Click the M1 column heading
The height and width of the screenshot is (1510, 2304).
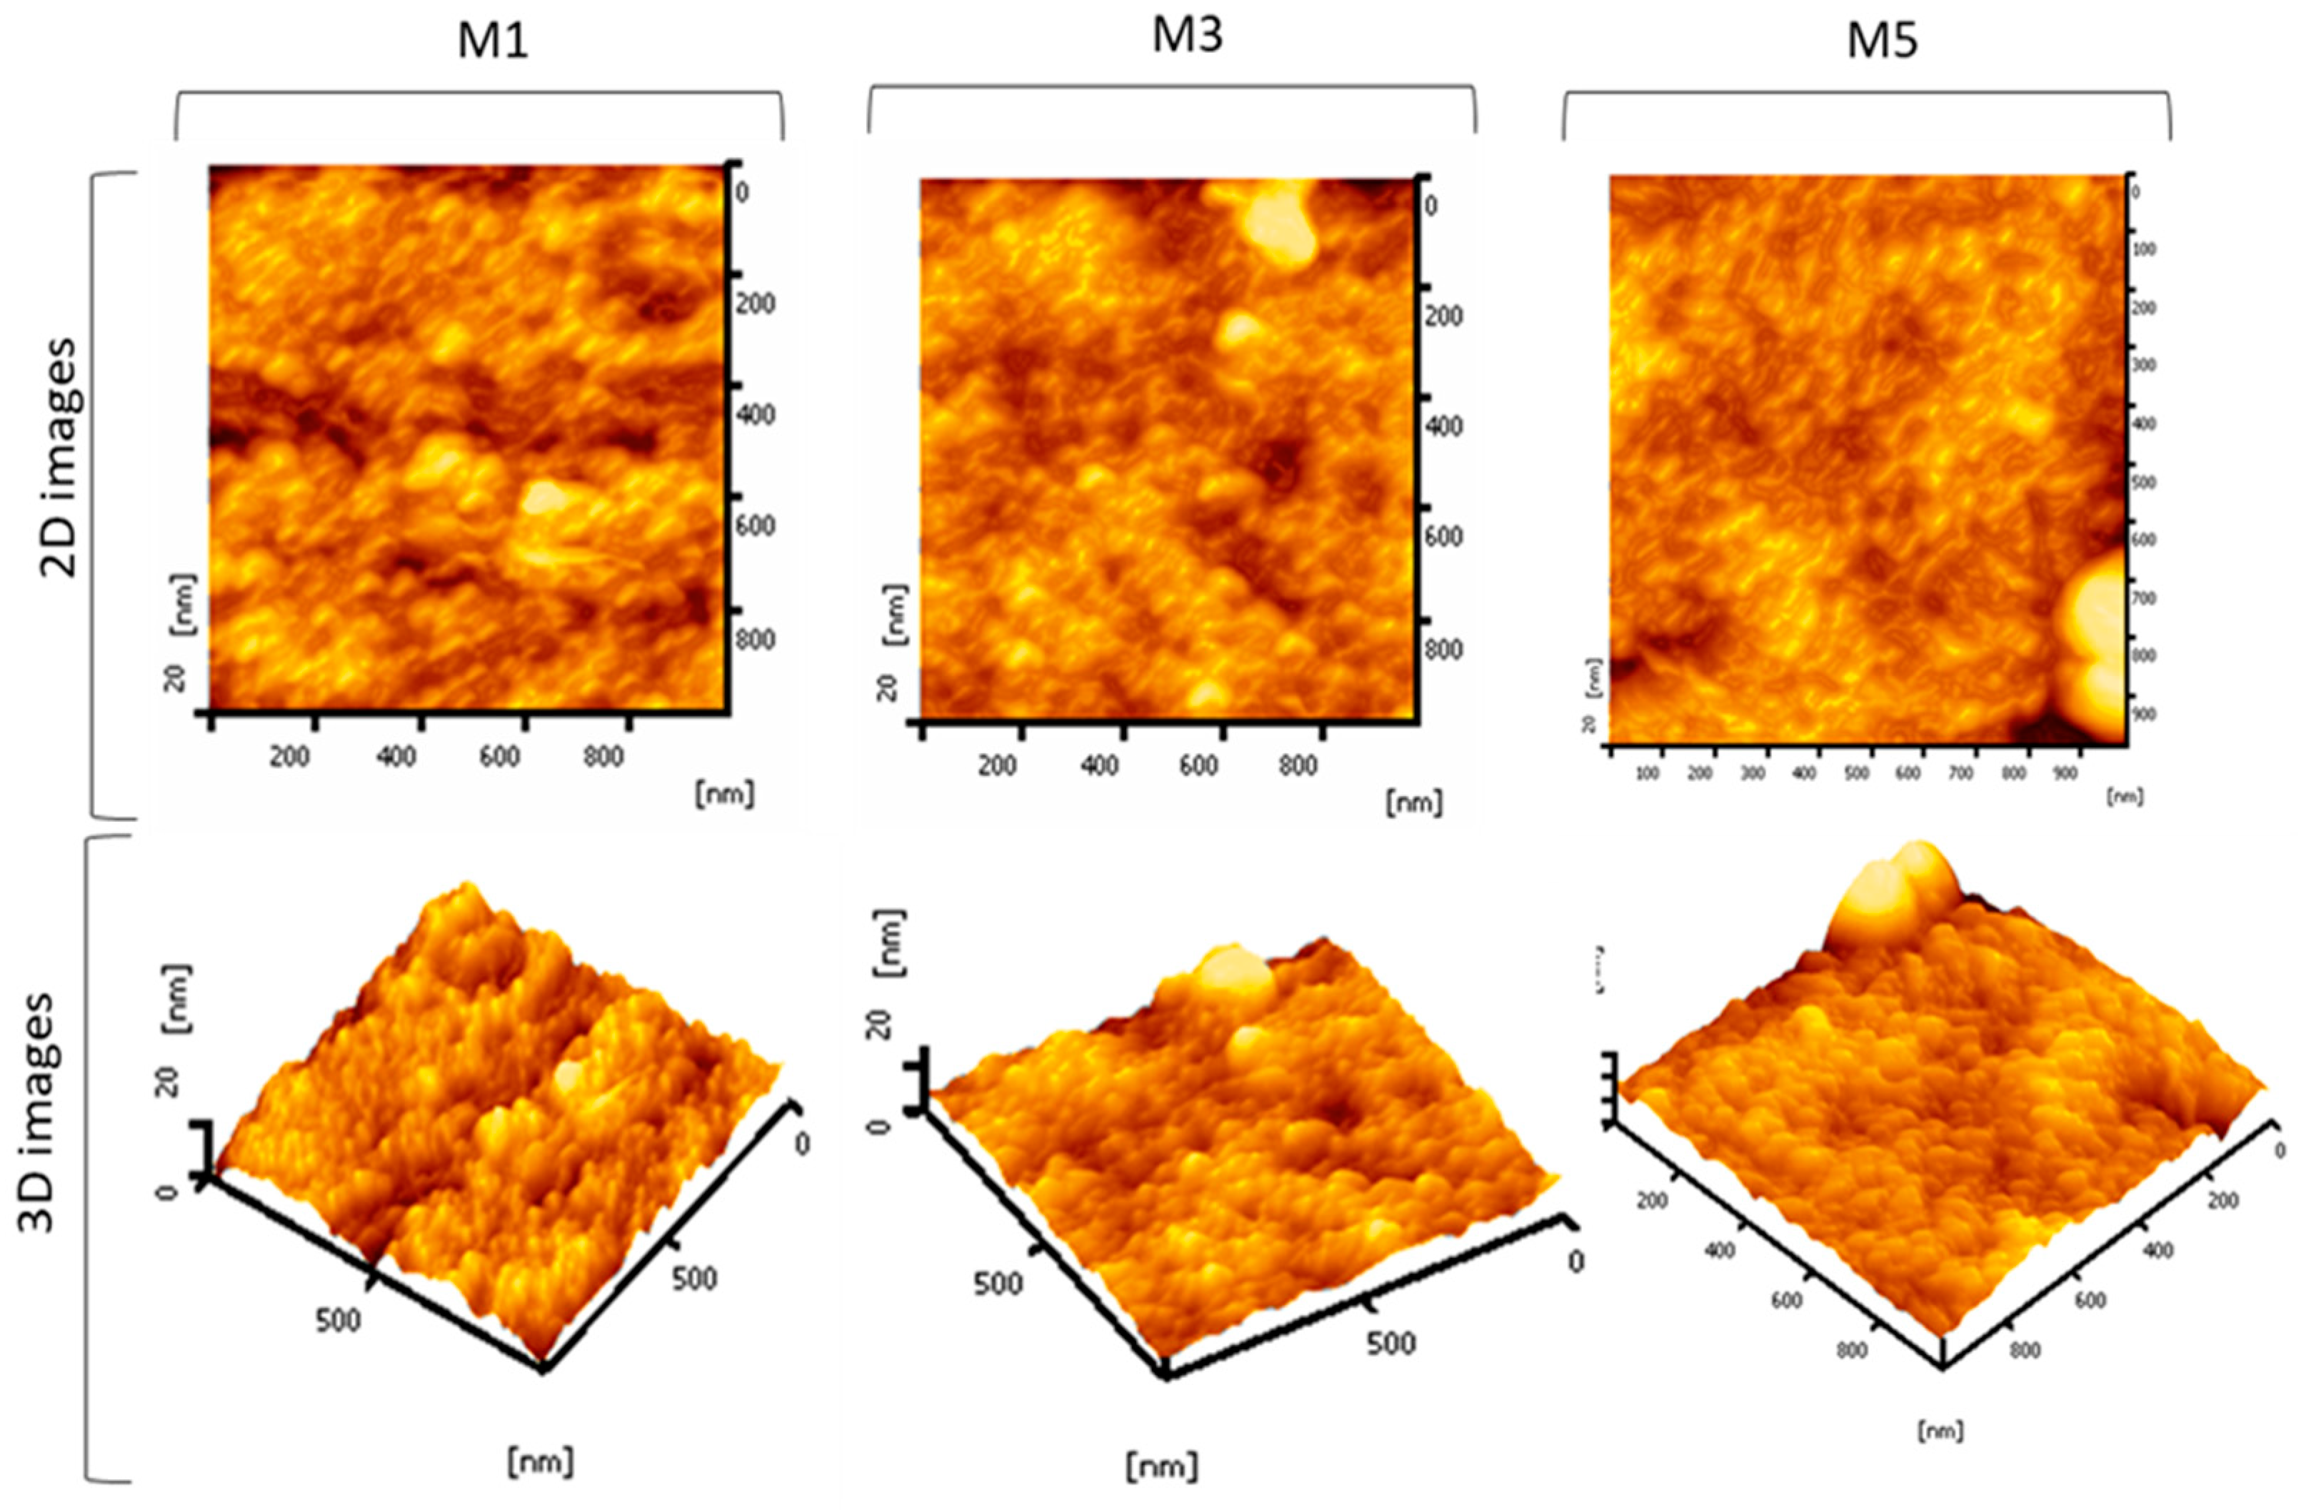[x=493, y=44]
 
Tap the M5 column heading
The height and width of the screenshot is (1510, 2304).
[x=1881, y=44]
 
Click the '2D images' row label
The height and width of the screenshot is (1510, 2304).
[x=60, y=457]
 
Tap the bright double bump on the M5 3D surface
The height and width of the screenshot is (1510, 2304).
[x=1883, y=890]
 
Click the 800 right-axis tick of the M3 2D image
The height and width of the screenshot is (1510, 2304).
[x=1443, y=650]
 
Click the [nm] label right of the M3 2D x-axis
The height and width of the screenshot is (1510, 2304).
[x=1414, y=802]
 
